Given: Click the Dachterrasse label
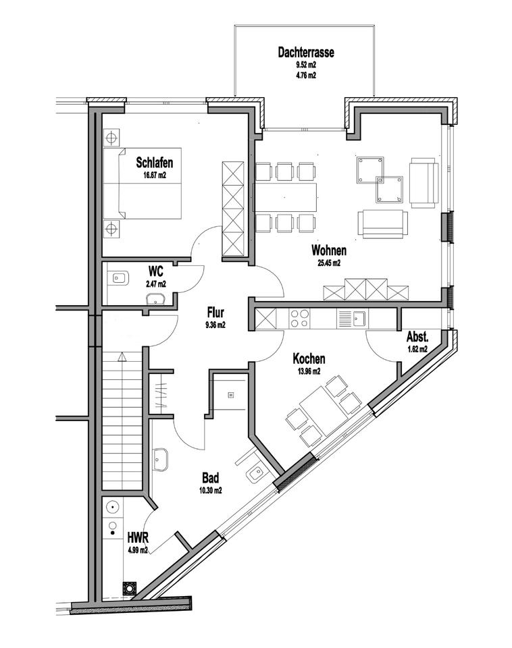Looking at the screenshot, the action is tap(306, 52).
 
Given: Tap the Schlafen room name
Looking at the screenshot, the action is tap(155, 163).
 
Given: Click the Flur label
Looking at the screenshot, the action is tap(215, 313).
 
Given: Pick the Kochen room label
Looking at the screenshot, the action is tap(309, 359).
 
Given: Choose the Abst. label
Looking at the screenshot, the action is tap(417, 337).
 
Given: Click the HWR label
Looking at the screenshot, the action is tap(137, 538).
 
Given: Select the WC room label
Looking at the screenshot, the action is tap(155, 271).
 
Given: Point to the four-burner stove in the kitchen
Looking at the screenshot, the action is tap(299, 318).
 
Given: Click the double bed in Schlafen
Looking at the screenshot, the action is tap(149, 183).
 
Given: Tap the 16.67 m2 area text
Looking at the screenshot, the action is tap(154, 175).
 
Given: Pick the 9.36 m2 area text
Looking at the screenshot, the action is tap(215, 325).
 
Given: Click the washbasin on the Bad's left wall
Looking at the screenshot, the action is tap(161, 460).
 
